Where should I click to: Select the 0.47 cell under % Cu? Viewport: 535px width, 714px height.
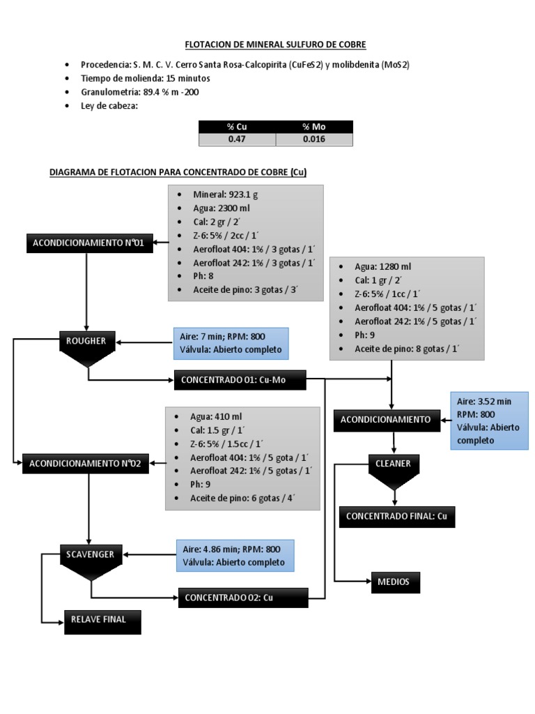pyautogui.click(x=237, y=139)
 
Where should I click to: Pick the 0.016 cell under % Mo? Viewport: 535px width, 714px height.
pyautogui.click(x=314, y=139)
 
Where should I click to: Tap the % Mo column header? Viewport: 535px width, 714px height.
pyautogui.click(x=314, y=127)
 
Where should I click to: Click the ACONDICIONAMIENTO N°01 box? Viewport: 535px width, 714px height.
pyautogui.click(x=88, y=243)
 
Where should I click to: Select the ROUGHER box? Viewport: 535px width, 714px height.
pyautogui.click(x=86, y=342)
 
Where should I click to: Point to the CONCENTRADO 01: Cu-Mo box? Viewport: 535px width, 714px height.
pyautogui.click(x=240, y=380)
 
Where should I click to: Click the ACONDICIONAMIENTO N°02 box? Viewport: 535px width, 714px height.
pyautogui.click(x=86, y=464)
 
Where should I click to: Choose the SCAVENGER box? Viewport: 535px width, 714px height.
pyautogui.click(x=91, y=555)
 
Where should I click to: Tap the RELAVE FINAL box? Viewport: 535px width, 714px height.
pyautogui.click(x=102, y=620)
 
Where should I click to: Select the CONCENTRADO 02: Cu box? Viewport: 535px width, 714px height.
pyautogui.click(x=243, y=598)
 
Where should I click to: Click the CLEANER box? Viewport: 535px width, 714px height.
pyautogui.click(x=394, y=464)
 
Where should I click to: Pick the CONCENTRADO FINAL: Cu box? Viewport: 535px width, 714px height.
pyautogui.click(x=396, y=517)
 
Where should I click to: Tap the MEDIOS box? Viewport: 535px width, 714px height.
pyautogui.click(x=394, y=582)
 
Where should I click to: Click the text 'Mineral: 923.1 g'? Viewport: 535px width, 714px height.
pyautogui.click(x=229, y=195)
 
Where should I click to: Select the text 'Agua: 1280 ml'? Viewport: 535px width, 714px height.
pyautogui.click(x=382, y=266)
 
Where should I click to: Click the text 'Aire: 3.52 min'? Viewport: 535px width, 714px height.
pyautogui.click(x=484, y=402)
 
